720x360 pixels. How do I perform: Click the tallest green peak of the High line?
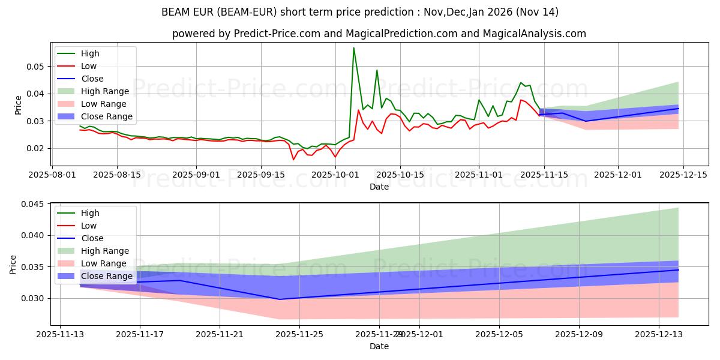pyautogui.click(x=353, y=48)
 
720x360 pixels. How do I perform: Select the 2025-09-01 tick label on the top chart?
pyautogui.click(x=196, y=175)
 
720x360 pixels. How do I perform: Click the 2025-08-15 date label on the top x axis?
pyautogui.click(x=116, y=175)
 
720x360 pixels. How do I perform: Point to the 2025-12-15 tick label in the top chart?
pyautogui.click(x=683, y=175)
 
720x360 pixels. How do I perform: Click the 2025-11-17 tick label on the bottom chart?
pyautogui.click(x=140, y=334)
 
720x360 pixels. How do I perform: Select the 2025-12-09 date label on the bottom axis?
pyautogui.click(x=579, y=334)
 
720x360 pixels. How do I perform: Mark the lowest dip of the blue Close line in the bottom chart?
pyautogui.click(x=280, y=299)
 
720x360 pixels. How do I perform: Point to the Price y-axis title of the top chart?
pyautogui.click(x=18, y=104)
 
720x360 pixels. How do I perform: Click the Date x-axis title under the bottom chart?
pyautogui.click(x=379, y=346)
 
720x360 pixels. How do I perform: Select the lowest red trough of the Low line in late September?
pyautogui.click(x=293, y=160)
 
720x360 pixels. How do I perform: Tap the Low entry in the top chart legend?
pyautogui.click(x=89, y=66)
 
